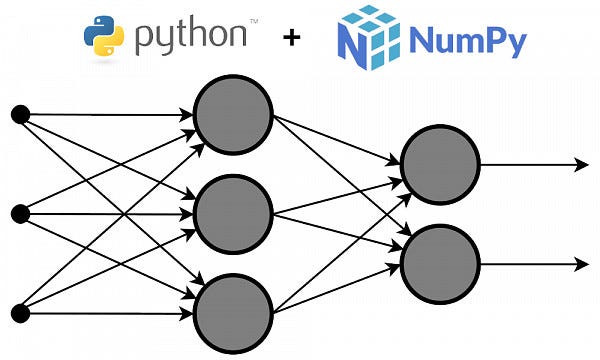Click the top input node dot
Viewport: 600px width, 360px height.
19,115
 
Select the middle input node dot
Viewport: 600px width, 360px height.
19,213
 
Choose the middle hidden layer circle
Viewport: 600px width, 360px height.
232,213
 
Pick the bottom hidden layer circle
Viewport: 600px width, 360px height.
232,311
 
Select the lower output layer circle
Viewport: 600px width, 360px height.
439,262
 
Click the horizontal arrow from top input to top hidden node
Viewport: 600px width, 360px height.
110,115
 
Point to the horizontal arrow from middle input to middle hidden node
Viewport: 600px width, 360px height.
110,213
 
